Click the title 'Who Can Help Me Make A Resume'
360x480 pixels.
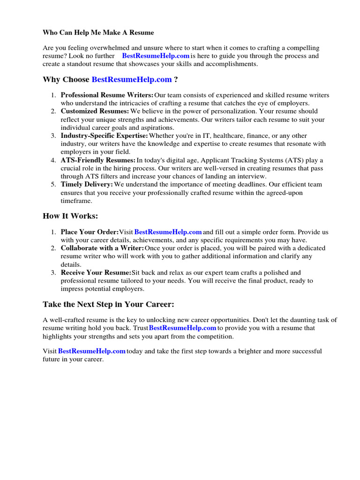click(98, 33)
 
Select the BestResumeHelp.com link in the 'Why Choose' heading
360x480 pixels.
click(132, 80)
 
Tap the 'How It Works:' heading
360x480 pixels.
click(70, 216)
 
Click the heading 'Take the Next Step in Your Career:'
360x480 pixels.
click(108, 305)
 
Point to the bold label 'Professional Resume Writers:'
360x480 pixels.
click(107, 95)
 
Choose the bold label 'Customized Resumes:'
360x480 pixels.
click(95, 112)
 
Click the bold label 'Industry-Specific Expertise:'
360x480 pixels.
click(104, 136)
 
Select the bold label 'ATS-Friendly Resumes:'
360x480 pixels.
click(98, 160)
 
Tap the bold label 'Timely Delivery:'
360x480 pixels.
click(87, 185)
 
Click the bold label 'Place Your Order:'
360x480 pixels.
click(90, 232)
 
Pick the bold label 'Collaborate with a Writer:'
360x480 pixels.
click(102, 248)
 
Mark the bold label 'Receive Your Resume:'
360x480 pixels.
click(96, 273)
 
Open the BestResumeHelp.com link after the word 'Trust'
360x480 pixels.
click(182, 328)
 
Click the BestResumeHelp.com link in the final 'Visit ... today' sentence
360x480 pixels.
click(92, 351)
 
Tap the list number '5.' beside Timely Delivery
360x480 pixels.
click(53, 185)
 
